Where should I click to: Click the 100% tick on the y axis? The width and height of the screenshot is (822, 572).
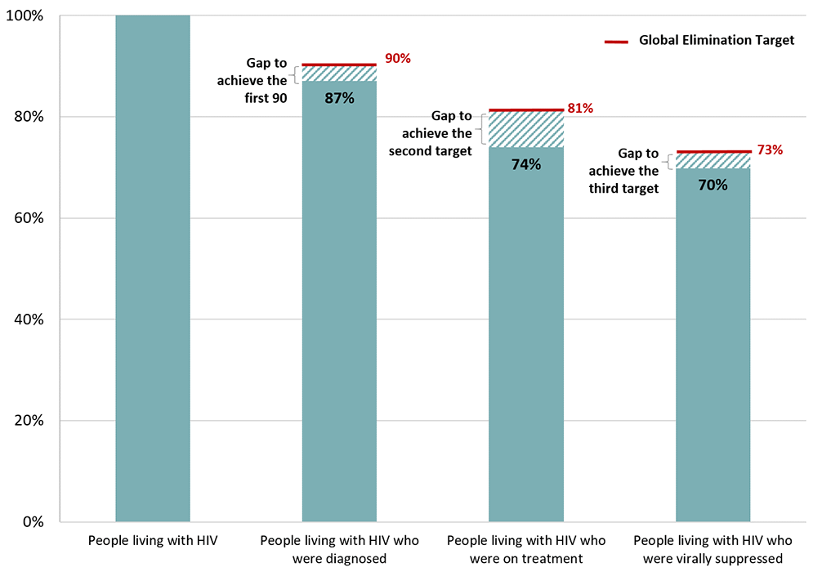[x=27, y=16]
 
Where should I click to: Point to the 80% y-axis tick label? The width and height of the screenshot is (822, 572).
[x=31, y=117]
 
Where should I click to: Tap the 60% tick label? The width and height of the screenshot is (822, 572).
[x=31, y=218]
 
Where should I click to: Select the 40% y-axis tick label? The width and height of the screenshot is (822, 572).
[x=31, y=320]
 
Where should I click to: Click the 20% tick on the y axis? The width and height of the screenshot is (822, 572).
[x=31, y=421]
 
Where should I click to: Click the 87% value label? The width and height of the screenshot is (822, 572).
[x=339, y=98]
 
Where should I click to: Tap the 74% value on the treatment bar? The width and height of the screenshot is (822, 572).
[x=525, y=164]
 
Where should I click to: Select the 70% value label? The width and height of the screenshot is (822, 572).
[x=713, y=185]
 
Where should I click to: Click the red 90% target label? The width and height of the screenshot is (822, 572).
[x=397, y=59]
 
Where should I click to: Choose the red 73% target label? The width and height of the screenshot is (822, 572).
[x=770, y=150]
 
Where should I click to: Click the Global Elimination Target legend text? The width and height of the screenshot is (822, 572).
[x=717, y=40]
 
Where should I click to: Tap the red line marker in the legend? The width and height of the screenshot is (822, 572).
[x=616, y=41]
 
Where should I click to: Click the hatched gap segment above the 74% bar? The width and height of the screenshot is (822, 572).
[x=525, y=128]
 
